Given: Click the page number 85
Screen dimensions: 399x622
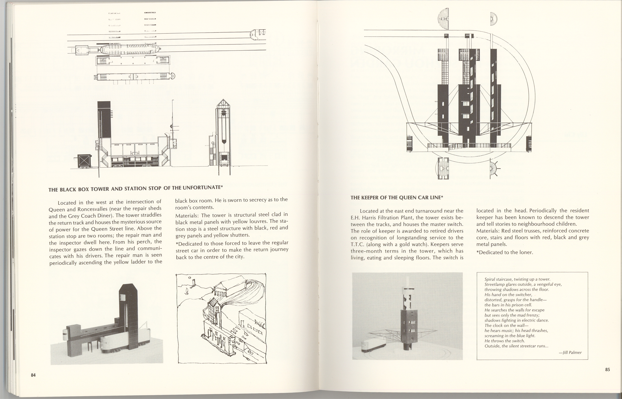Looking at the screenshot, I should (607, 370).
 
